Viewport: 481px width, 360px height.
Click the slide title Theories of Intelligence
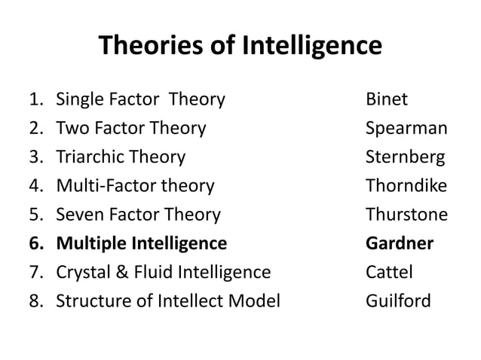coord(240,47)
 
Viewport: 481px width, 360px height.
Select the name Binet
coord(387,99)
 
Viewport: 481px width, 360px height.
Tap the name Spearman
coord(406,129)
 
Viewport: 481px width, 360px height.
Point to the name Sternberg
coord(405,157)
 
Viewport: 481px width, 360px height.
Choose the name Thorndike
coord(406,186)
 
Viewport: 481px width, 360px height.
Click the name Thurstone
coord(406,215)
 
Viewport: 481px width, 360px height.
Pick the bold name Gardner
coord(400,244)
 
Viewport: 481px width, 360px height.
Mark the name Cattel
coord(388,273)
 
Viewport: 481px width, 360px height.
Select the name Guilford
coord(398,301)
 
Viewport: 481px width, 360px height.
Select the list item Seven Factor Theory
coord(139,215)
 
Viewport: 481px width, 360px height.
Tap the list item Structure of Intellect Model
coord(168,301)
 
